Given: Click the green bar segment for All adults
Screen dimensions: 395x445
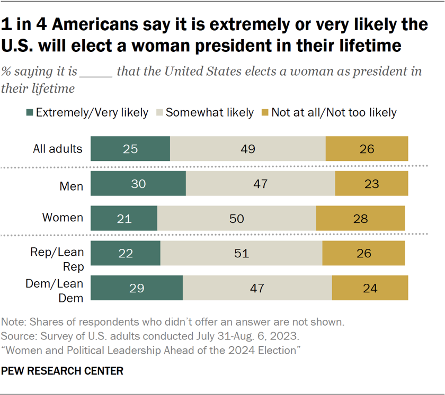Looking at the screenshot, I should point(130,148).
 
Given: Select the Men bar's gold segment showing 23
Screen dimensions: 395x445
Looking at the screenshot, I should point(371,183).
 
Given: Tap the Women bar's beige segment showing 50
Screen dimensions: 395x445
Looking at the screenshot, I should point(236,218).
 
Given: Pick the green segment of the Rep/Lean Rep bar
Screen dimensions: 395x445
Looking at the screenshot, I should point(126,253).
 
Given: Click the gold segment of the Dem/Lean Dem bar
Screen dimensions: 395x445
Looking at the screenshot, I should point(370,288).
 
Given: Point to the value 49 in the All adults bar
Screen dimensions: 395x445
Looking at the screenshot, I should point(247,149).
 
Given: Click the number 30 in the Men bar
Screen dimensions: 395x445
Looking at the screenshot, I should point(138,184).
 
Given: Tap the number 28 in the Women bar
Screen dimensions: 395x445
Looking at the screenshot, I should point(360,218).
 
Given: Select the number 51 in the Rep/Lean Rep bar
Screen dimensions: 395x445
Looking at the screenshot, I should point(241,253).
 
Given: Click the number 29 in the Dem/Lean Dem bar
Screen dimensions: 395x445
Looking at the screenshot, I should point(137,288).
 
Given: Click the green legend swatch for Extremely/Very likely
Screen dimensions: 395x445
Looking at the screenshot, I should point(29,112).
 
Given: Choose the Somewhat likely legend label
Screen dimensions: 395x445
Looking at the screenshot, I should point(210,112).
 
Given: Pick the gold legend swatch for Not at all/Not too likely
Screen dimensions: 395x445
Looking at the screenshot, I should point(265,112).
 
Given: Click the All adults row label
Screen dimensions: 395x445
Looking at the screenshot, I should point(58,149).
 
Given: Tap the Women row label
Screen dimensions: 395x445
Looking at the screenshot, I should point(63,218).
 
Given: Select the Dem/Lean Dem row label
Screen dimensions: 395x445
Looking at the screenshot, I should point(55,291).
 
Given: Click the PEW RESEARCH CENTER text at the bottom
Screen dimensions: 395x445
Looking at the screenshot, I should point(63,371).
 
